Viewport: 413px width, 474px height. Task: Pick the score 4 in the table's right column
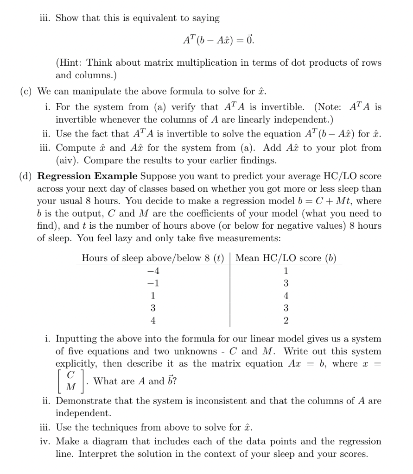pyautogui.click(x=286, y=295)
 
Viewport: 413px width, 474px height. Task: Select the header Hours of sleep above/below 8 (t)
pyautogui.click(x=152, y=258)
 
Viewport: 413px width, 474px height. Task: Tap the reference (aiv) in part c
pyautogui.click(x=68, y=161)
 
